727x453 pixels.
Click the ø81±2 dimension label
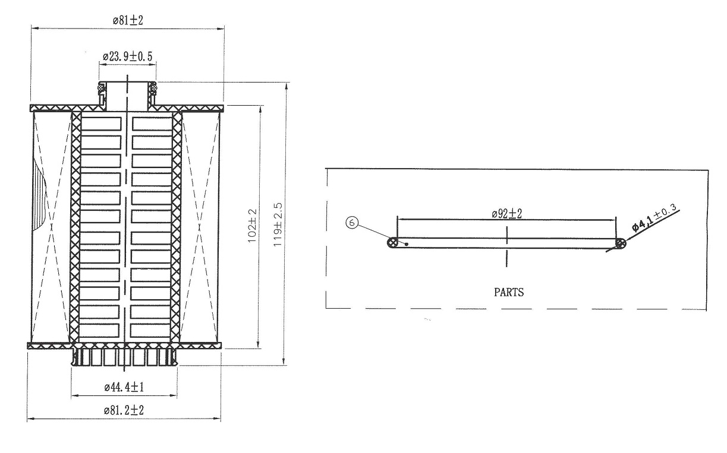pyautogui.click(x=128, y=20)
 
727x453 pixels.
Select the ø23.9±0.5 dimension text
pyautogui.click(x=128, y=57)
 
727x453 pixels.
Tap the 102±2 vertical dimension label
pyautogui.click(x=252, y=226)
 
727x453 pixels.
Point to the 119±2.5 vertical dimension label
pyautogui.click(x=278, y=224)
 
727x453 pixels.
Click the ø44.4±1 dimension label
pyautogui.click(x=124, y=387)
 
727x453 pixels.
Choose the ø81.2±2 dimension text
pyautogui.click(x=124, y=410)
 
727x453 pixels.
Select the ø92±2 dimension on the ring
pyautogui.click(x=506, y=214)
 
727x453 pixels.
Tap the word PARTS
pyautogui.click(x=509, y=292)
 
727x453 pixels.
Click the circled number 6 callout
pyautogui.click(x=352, y=223)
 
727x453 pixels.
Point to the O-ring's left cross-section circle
pyautogui.click(x=393, y=243)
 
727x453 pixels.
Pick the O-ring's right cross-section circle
pyautogui.click(x=621, y=243)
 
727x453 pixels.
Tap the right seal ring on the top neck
pyautogui.click(x=153, y=87)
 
